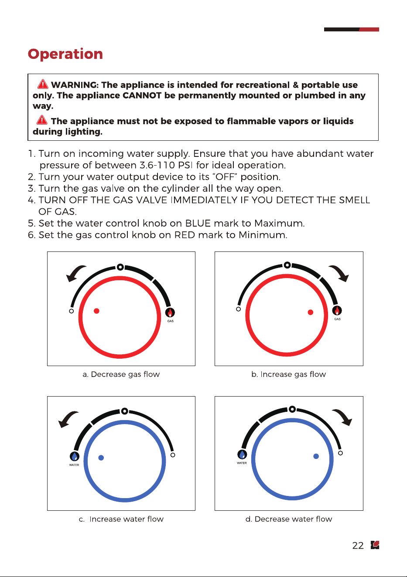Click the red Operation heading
point(65,54)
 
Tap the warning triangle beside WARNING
point(43,84)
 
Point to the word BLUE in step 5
point(198,223)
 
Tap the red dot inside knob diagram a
point(96,311)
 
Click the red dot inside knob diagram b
point(311,312)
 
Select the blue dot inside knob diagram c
point(101,458)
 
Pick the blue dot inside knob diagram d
point(316,456)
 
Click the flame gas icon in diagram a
point(170,312)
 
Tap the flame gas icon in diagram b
point(337,310)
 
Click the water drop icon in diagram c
point(75,456)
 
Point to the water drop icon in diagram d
point(242,455)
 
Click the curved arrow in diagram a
point(74,272)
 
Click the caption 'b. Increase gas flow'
point(289,374)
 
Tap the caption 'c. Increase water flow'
point(121,519)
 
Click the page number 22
point(358,545)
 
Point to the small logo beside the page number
point(375,545)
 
